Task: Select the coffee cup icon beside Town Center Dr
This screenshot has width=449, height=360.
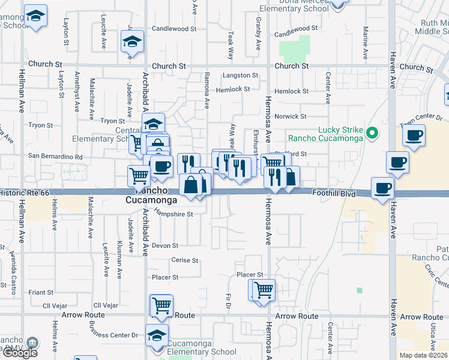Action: click(x=413, y=136)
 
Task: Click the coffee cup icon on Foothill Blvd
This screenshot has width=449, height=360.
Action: click(x=383, y=188)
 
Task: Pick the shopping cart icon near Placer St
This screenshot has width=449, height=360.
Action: click(x=264, y=290)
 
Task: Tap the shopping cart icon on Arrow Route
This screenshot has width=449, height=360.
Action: click(x=161, y=305)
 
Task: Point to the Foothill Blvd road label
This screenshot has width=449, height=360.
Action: click(x=334, y=194)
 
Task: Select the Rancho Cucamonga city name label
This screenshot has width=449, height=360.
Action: click(x=151, y=200)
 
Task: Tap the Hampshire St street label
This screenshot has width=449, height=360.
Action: click(x=173, y=214)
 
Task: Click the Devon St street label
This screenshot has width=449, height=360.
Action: click(x=165, y=245)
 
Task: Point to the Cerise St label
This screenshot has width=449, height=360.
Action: click(x=185, y=260)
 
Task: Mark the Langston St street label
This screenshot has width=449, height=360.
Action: click(x=240, y=76)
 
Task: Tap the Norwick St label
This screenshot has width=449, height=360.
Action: click(x=291, y=116)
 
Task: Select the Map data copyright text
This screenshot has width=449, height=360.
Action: click(x=424, y=355)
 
